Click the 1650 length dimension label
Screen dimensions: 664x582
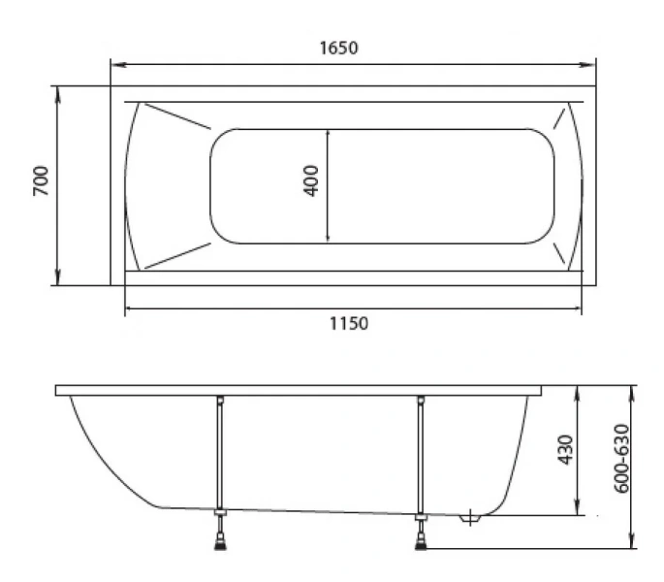[x=338, y=48]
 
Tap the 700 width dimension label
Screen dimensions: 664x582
[x=41, y=180]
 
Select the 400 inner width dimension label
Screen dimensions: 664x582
[x=311, y=180]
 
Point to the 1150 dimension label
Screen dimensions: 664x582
[x=349, y=323]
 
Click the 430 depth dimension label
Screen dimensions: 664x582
[x=565, y=449]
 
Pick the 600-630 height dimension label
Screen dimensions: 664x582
[x=621, y=458]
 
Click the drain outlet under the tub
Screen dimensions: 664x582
[x=470, y=518]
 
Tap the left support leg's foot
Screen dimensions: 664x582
[x=220, y=543]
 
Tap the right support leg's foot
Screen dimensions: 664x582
[x=421, y=543]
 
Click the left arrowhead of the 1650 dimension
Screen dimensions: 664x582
[x=118, y=65]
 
